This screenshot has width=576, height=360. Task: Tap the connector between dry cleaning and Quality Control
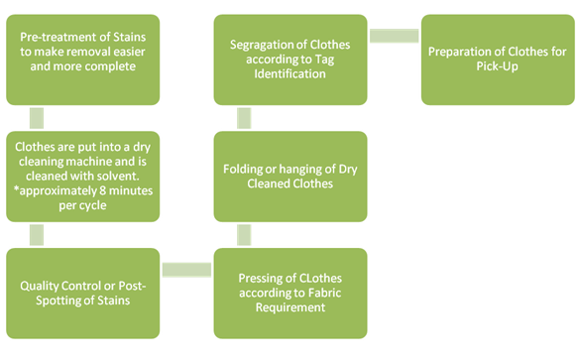pyautogui.click(x=37, y=235)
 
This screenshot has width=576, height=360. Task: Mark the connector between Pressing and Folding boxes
pyautogui.click(x=242, y=235)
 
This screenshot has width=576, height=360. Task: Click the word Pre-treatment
pyautogui.click(x=59, y=38)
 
